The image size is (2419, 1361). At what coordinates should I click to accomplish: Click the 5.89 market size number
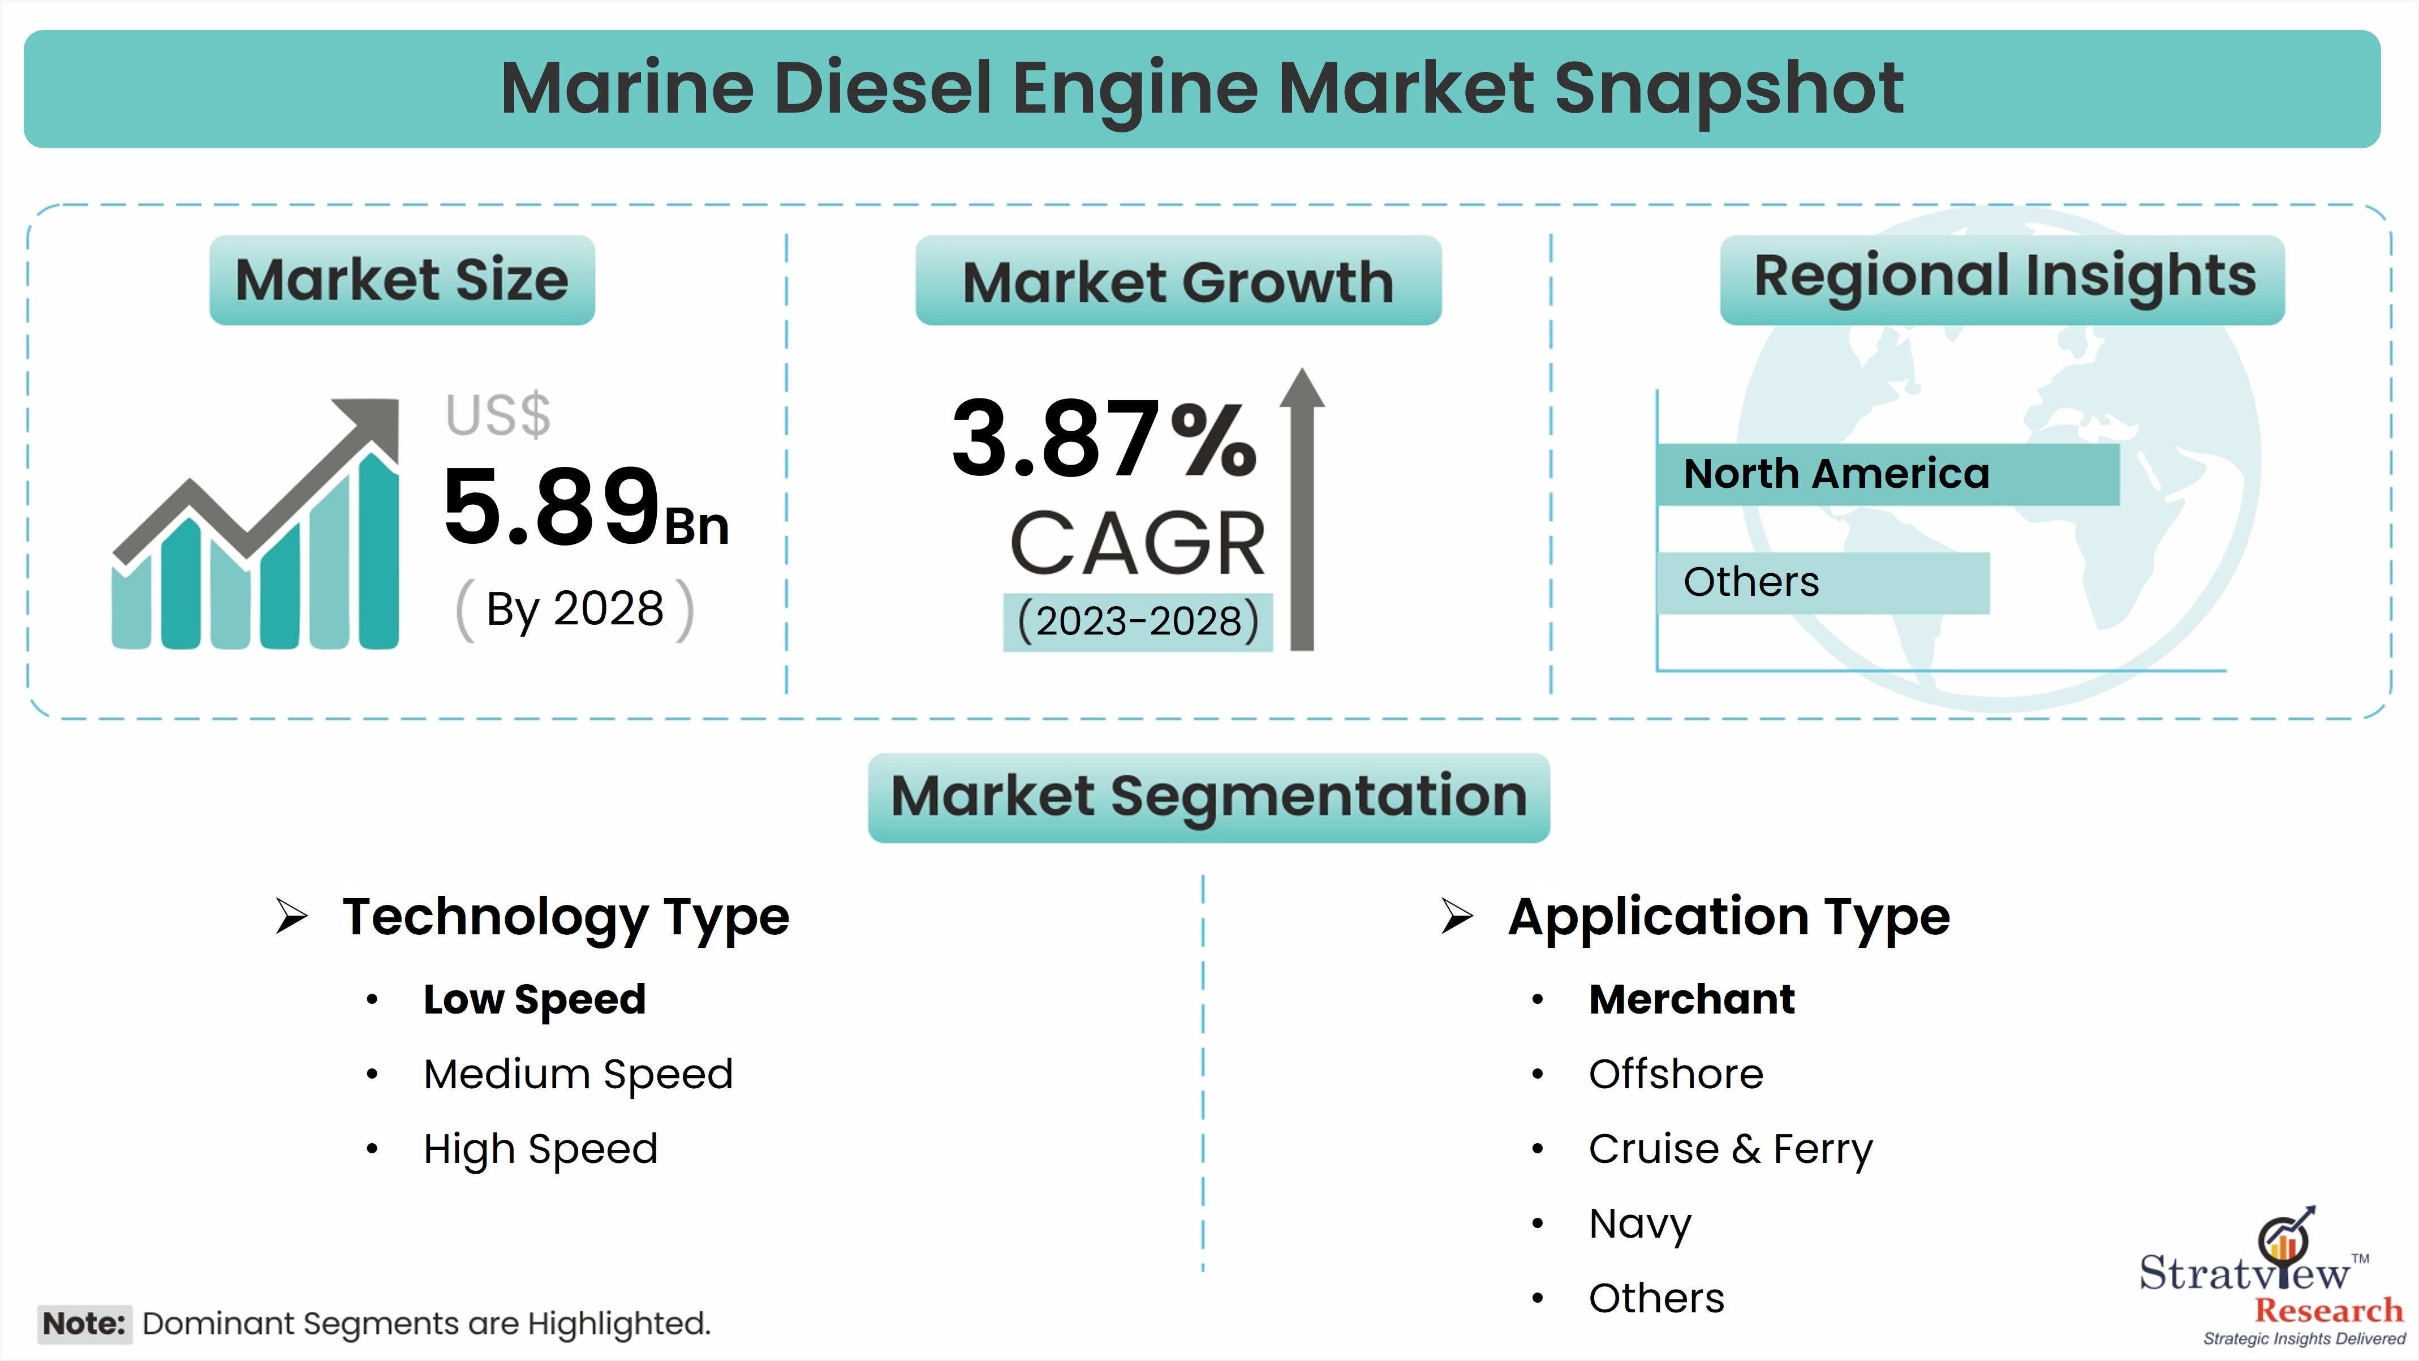point(552,507)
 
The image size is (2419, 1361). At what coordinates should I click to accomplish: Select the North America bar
point(1887,474)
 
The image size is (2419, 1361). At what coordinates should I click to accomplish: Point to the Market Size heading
point(402,280)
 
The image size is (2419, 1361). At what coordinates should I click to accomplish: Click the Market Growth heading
point(1178,282)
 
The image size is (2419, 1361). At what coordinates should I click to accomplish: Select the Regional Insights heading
point(2003,278)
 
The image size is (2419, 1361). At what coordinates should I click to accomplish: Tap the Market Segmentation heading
point(1208,796)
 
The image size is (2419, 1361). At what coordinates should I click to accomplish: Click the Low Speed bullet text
point(535,999)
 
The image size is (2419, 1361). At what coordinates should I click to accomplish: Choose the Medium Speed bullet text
point(578,1074)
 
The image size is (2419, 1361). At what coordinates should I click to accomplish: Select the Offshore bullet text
point(1675,1074)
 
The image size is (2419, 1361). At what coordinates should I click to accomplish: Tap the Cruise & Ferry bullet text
point(1730,1149)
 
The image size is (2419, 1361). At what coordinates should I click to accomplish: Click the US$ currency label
point(498,415)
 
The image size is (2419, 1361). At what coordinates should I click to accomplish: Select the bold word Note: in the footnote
point(84,1324)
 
